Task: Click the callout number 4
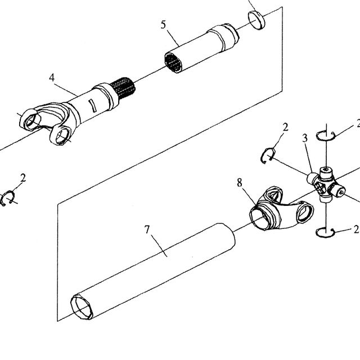(52, 78)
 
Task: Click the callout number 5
(163, 25)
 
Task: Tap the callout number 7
(147, 229)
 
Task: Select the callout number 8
(240, 183)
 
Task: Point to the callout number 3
(305, 138)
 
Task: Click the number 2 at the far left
(23, 178)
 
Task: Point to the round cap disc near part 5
(256, 20)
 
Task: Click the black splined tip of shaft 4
(123, 88)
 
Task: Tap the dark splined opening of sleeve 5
(173, 62)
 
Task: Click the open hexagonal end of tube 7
(82, 307)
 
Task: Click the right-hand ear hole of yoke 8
(305, 213)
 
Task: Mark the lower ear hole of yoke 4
(62, 136)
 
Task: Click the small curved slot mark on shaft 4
(92, 106)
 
